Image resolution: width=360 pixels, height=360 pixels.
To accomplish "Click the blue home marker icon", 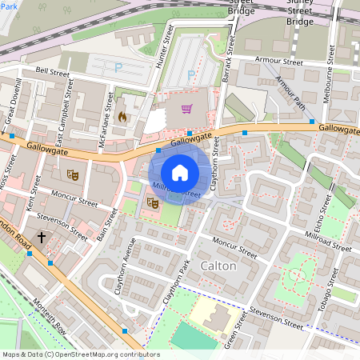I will coord(180,172).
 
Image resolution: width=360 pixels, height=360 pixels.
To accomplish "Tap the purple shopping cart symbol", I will coord(186,109).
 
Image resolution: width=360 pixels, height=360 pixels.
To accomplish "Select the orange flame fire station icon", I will coord(122,116).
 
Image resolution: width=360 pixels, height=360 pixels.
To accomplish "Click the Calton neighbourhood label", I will coord(218,265).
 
